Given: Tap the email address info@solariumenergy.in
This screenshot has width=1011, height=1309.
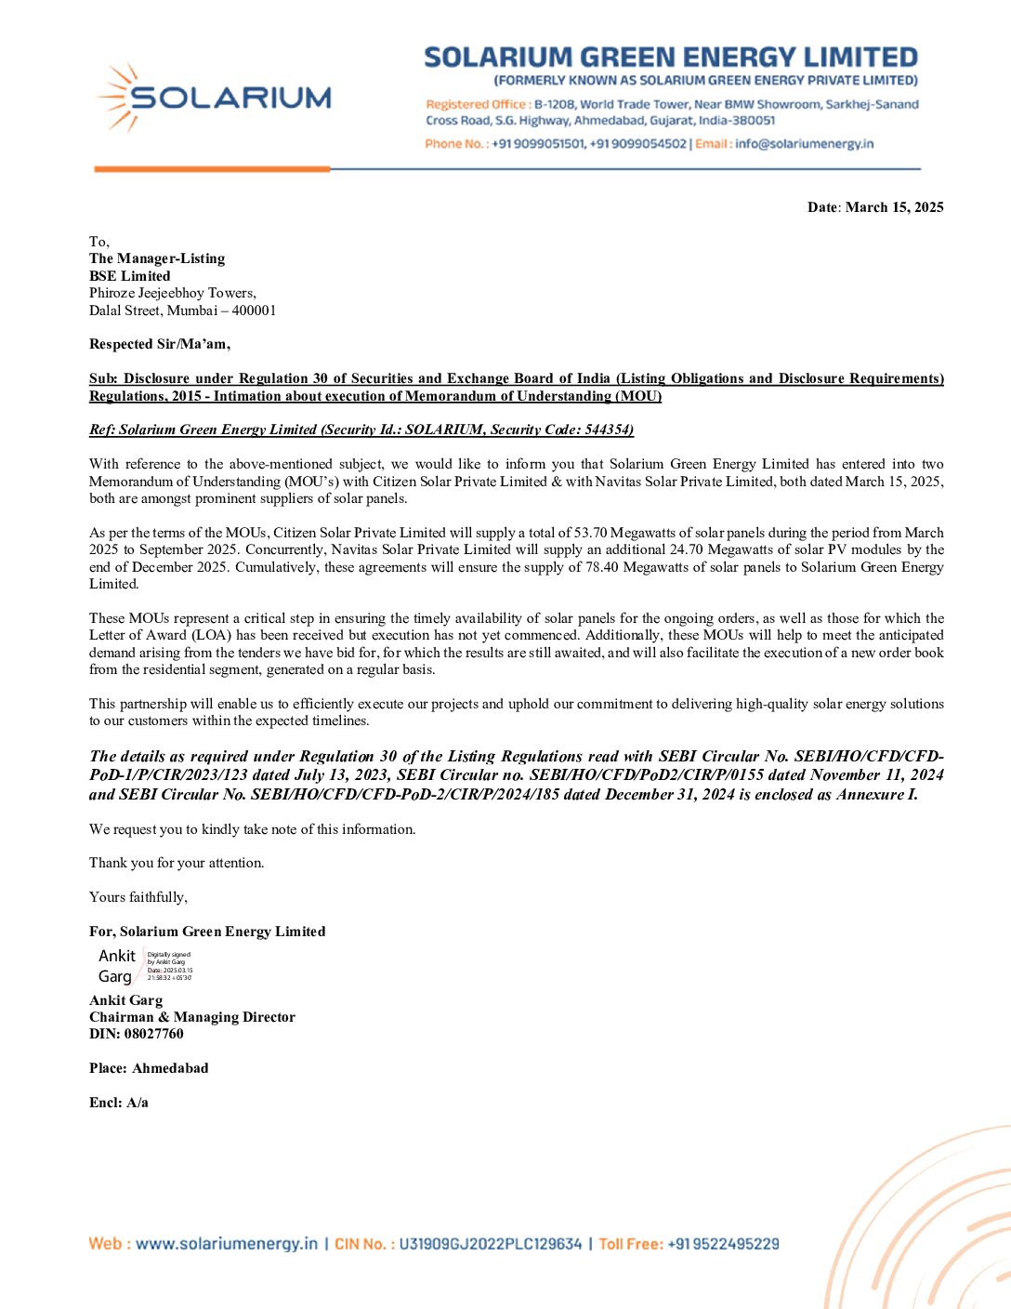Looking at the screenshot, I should [x=804, y=144].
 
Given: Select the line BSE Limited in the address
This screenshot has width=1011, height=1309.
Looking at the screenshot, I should [x=130, y=276].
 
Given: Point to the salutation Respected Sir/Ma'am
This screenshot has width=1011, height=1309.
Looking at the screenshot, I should [x=160, y=344].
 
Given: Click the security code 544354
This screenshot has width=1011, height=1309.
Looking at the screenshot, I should [x=609, y=430].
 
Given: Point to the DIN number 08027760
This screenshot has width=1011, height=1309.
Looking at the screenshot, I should [x=154, y=1034].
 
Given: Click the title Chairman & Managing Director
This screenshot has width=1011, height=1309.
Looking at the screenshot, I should [x=192, y=1017].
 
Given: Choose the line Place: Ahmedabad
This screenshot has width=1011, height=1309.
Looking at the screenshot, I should [x=149, y=1068].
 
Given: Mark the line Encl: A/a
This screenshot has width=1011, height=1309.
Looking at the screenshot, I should [x=119, y=1103].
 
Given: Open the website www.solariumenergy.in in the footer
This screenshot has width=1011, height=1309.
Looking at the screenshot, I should [x=226, y=1244].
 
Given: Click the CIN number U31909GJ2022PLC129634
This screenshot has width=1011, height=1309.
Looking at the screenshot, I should [x=491, y=1244].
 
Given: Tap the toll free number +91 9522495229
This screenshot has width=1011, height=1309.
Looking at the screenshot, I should [x=723, y=1244].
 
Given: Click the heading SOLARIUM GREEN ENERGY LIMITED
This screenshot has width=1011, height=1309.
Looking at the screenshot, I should [x=671, y=58].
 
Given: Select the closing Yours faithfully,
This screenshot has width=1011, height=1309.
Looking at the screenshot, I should [x=138, y=897].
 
